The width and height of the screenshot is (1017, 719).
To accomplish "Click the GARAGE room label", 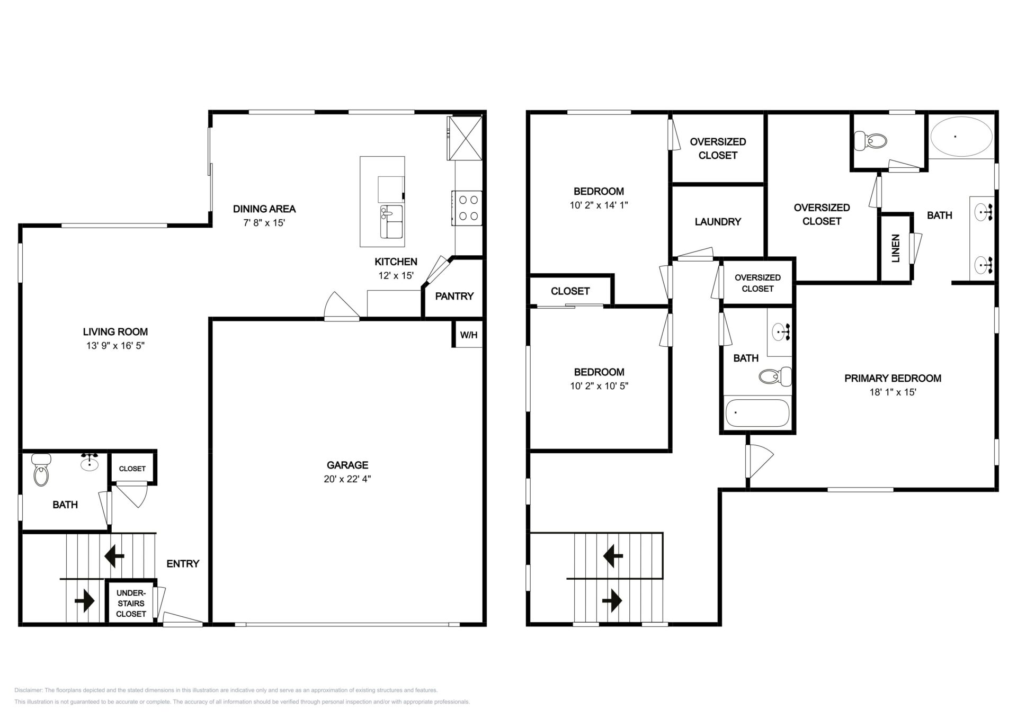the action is (x=347, y=465).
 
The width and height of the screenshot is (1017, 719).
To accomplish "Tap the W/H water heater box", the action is (x=468, y=335).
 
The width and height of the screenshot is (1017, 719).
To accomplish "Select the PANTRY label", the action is (x=454, y=296).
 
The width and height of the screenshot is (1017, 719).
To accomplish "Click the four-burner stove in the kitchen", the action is (x=467, y=208).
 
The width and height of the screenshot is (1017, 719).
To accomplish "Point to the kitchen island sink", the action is (x=391, y=222).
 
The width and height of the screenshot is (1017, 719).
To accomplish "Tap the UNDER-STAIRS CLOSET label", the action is (x=131, y=604).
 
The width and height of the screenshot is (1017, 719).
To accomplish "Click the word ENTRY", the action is (x=183, y=564).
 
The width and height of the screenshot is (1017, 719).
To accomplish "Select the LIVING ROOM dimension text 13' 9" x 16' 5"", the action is (x=115, y=346).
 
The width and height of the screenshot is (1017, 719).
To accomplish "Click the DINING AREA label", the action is (x=264, y=209).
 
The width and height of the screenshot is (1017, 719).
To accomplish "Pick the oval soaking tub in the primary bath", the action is (x=961, y=137).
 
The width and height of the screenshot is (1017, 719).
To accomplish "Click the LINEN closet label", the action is (x=896, y=248).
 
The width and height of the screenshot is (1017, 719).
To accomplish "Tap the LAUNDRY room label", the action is (x=718, y=222).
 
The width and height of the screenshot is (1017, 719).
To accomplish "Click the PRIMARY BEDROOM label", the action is (x=893, y=378).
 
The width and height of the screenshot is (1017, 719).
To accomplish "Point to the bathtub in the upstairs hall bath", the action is (x=757, y=413).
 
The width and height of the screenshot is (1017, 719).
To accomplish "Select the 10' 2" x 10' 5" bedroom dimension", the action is (x=599, y=386).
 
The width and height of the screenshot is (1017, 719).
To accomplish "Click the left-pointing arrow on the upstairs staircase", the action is (x=613, y=556).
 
